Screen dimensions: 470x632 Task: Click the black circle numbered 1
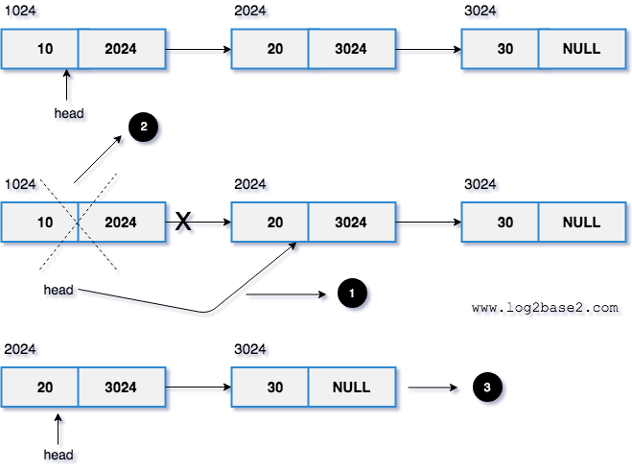coord(353,294)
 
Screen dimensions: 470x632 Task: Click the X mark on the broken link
coord(182,223)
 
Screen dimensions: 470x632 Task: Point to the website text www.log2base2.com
coord(545,308)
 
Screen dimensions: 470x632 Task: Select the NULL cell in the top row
coord(581,48)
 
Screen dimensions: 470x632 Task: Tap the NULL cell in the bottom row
coord(351,388)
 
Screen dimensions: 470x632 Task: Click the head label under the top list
coord(68,113)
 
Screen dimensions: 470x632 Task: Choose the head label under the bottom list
coord(58,454)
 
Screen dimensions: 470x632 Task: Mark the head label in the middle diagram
coord(59,289)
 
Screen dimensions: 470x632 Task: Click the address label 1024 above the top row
coord(18,10)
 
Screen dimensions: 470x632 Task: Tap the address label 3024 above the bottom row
coord(249,349)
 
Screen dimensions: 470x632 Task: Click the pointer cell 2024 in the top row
coord(121,48)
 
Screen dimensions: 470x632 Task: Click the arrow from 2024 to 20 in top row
coord(199,48)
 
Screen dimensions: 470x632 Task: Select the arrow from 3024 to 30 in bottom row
coord(199,388)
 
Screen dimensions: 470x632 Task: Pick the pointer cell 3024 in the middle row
coord(351,223)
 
